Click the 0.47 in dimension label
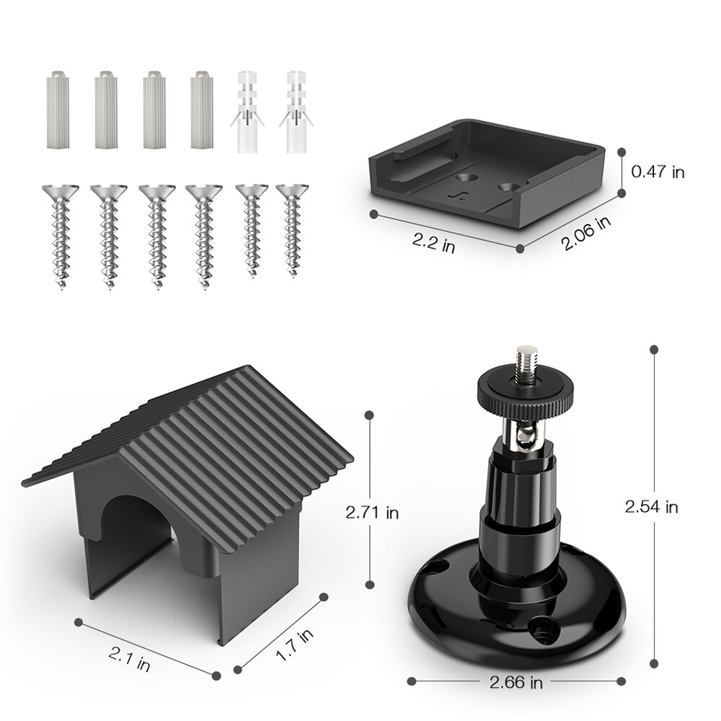click(658, 172)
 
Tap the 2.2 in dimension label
click(433, 242)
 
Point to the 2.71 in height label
click(372, 513)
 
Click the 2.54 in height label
click(651, 507)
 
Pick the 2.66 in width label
click(516, 681)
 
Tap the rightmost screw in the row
click(291, 229)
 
